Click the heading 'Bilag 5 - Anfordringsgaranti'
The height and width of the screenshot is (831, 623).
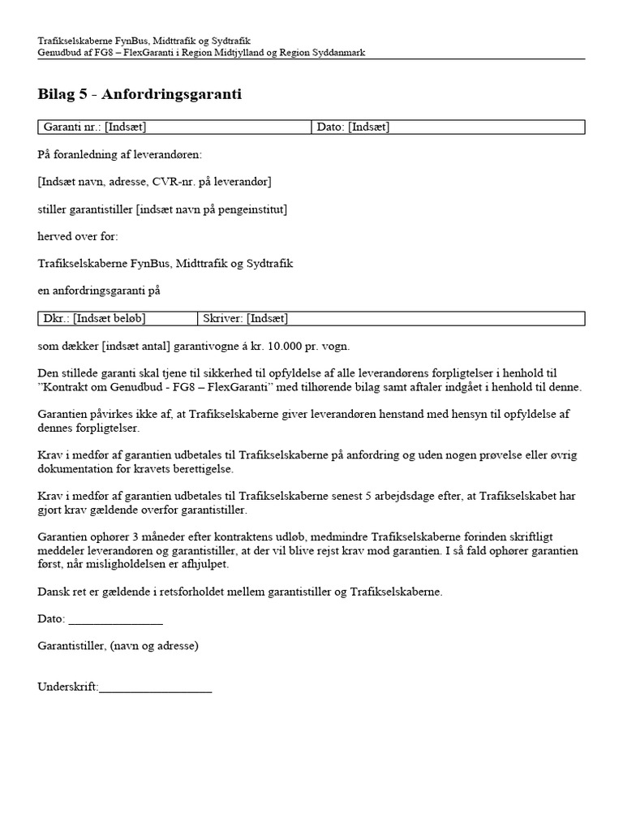(140, 95)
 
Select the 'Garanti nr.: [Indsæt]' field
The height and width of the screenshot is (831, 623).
(174, 127)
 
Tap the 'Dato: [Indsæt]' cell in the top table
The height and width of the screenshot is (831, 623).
(448, 127)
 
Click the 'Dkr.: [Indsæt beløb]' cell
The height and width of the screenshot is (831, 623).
(118, 318)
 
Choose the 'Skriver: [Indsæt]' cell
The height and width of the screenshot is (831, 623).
(390, 318)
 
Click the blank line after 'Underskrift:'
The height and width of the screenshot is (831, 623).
(155, 687)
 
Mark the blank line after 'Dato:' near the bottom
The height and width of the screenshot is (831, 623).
(115, 619)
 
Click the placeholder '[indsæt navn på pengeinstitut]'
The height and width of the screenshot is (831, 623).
(211, 209)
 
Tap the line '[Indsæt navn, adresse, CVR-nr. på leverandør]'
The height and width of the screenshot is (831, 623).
(154, 181)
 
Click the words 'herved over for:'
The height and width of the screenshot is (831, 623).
(78, 236)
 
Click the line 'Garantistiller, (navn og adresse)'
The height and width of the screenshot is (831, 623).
(118, 646)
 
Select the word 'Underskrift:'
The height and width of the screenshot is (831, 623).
(67, 687)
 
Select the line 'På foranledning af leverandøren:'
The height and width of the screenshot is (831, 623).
(119, 154)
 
